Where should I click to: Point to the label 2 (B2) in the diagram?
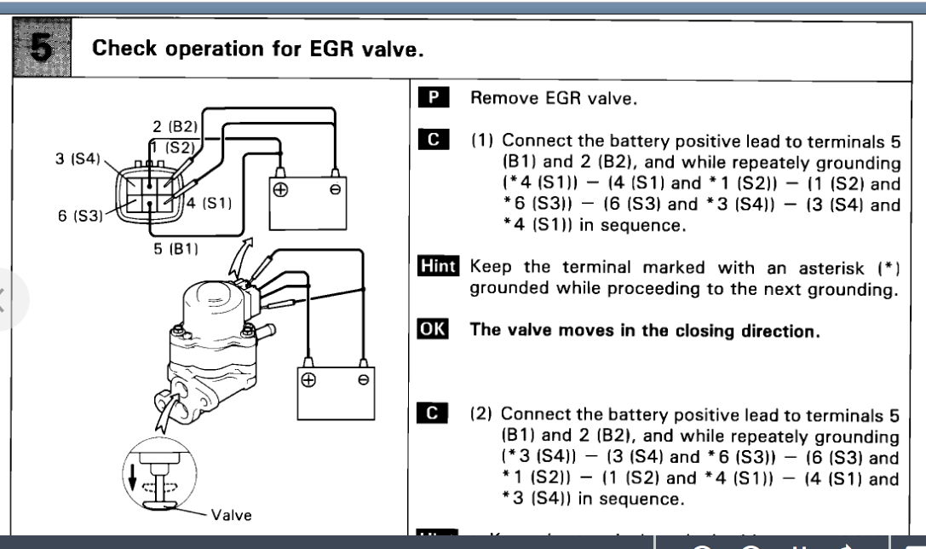[x=175, y=126]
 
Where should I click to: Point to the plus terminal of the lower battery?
[x=310, y=381]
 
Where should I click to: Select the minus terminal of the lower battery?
[x=364, y=381]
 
